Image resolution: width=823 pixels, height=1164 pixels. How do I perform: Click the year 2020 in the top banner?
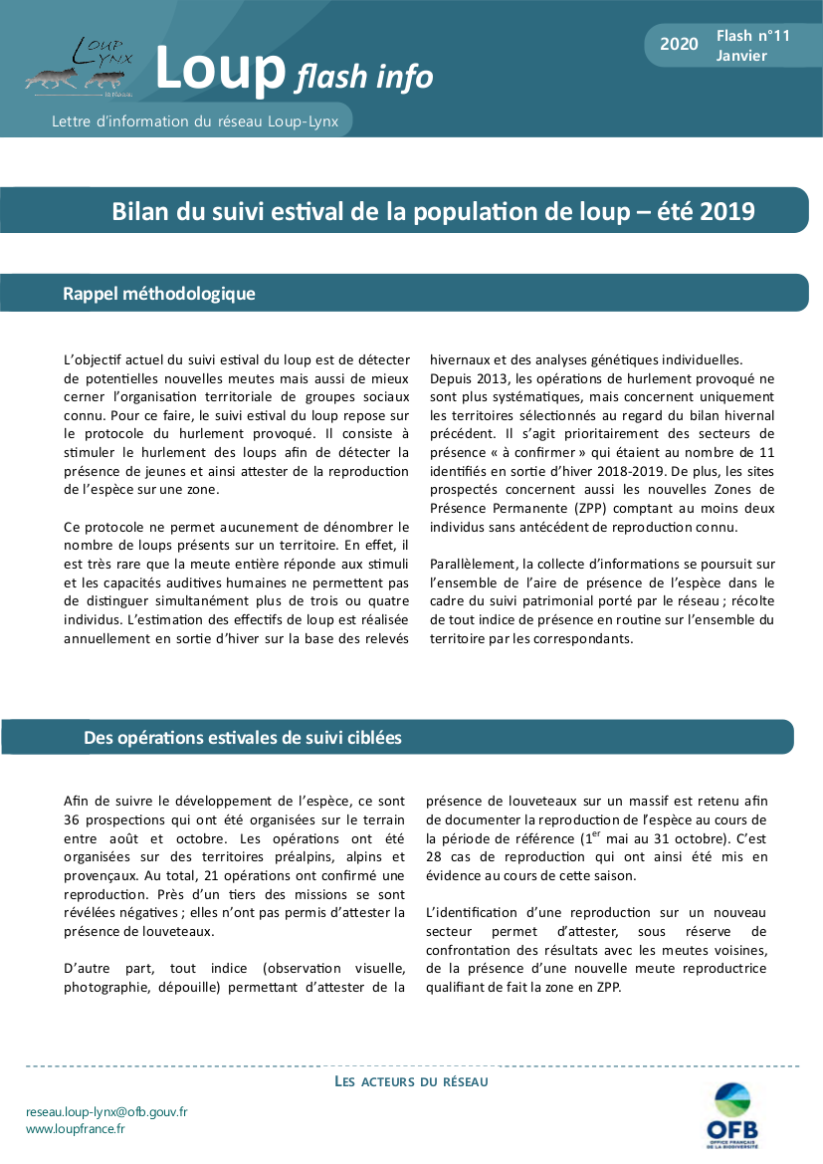coord(679,44)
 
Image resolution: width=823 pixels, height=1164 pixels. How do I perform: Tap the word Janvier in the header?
coord(741,56)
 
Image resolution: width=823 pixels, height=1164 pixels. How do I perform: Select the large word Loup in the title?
coord(220,69)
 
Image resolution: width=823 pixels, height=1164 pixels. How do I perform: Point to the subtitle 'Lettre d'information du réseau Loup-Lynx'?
coord(195,121)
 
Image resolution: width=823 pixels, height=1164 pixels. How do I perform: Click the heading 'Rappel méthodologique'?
coord(159,294)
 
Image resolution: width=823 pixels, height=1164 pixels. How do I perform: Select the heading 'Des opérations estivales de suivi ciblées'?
coord(243,738)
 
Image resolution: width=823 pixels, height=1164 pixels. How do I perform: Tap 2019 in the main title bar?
coord(727,211)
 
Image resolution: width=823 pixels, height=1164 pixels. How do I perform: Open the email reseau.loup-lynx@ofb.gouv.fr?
coord(106,1111)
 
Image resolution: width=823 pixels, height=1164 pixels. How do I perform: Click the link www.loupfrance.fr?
coord(76,1129)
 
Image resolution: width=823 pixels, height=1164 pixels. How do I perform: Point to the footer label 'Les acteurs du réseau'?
coord(411,1081)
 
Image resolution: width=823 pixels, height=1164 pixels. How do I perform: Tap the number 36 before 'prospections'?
coord(73,819)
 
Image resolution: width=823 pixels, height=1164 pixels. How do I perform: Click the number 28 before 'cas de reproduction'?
coord(437,856)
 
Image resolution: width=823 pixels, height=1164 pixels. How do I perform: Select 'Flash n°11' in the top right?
coord(752,36)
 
